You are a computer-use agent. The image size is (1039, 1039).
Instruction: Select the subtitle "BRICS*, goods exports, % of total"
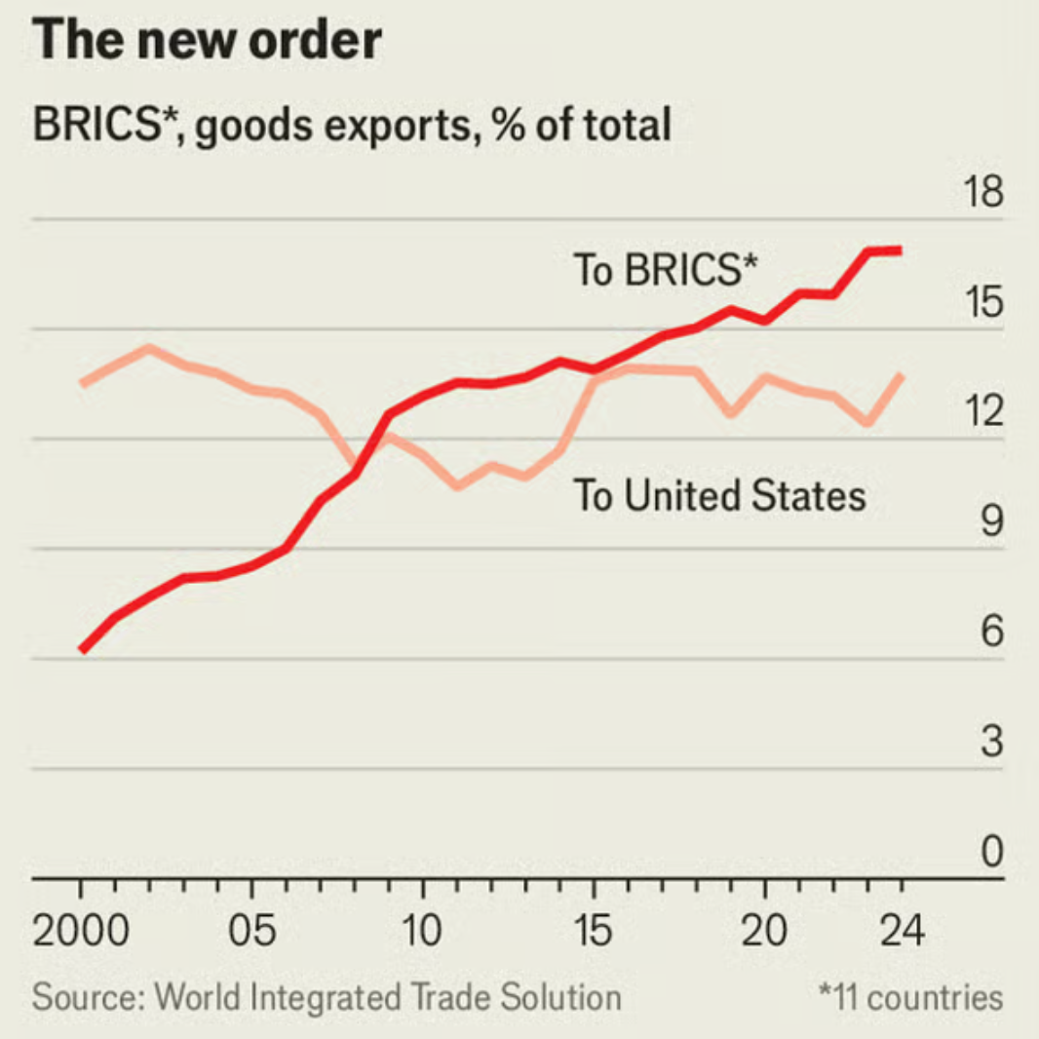(x=352, y=126)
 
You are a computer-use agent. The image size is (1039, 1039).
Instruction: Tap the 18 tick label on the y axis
(x=982, y=193)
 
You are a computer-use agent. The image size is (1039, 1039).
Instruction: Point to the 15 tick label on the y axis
(x=982, y=303)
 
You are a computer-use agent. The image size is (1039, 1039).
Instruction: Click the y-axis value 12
(x=982, y=413)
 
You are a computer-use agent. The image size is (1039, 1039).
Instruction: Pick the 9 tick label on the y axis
(x=990, y=523)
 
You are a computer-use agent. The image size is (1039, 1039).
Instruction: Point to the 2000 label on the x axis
(x=81, y=933)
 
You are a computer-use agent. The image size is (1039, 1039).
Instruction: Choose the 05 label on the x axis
(x=252, y=933)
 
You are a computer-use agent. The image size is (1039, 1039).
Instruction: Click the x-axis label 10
(x=423, y=933)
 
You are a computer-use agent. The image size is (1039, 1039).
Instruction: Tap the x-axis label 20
(x=764, y=933)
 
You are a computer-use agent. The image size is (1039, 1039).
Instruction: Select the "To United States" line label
(x=718, y=496)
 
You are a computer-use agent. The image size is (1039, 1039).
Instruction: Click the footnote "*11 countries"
(x=910, y=998)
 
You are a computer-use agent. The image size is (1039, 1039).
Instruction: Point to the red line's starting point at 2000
(x=82, y=648)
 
